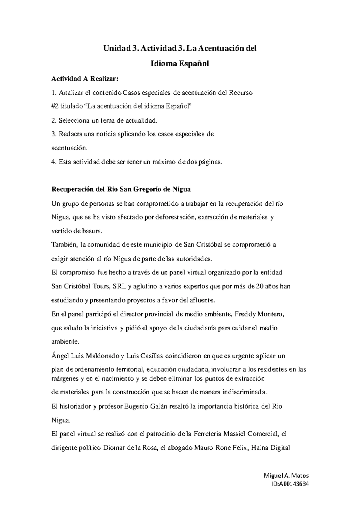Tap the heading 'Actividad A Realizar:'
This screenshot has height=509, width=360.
click(85, 79)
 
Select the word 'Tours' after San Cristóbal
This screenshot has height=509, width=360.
click(100, 287)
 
